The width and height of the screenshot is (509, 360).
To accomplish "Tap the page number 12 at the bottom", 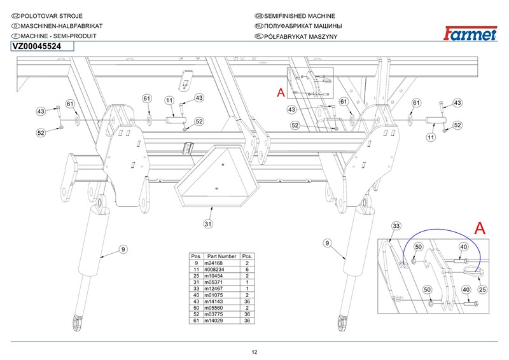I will pyautogui.click(x=254, y=352).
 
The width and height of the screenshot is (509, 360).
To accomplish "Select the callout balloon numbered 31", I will pyautogui.click(x=207, y=224).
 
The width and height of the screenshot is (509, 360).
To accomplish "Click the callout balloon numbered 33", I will pyautogui.click(x=395, y=226).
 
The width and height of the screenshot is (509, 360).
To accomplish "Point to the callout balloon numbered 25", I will pyautogui.click(x=482, y=289).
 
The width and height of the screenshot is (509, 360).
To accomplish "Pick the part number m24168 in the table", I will pyautogui.click(x=213, y=263).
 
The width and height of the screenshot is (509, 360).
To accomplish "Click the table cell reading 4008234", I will pyautogui.click(x=214, y=269).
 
